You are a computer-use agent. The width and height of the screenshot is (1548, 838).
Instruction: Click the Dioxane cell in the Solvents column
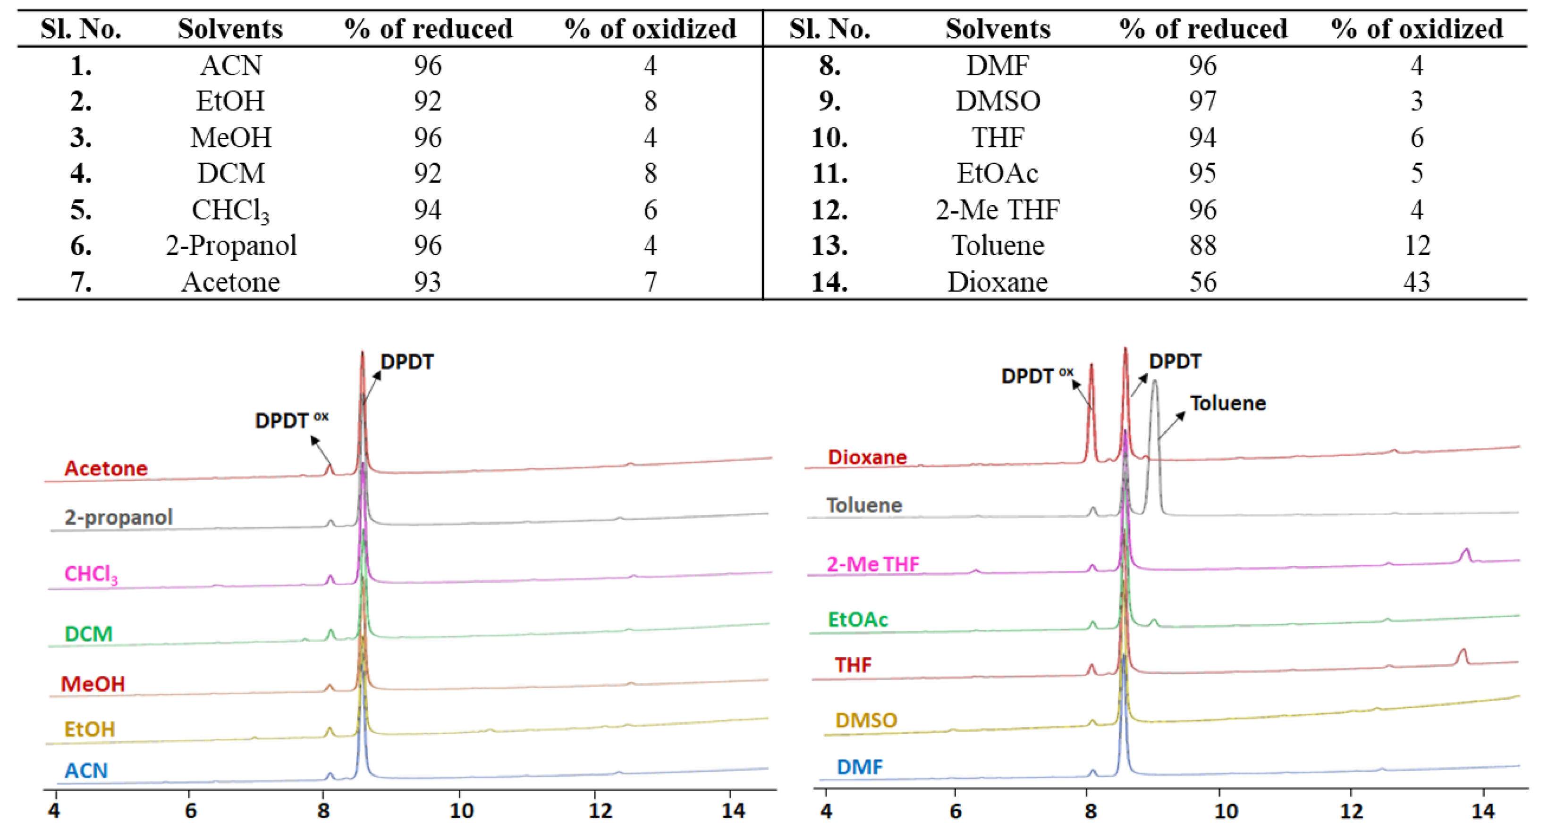pyautogui.click(x=997, y=282)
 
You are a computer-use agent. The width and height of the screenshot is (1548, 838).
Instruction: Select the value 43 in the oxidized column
pyautogui.click(x=1416, y=282)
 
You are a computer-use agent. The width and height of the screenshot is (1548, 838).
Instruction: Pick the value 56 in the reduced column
pyautogui.click(x=1202, y=282)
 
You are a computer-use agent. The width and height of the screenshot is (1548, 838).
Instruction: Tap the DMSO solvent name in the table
pyautogui.click(x=998, y=101)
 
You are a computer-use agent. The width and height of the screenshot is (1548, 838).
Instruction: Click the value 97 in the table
pyautogui.click(x=1202, y=101)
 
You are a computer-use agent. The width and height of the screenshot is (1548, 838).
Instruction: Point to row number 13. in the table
pyautogui.click(x=829, y=245)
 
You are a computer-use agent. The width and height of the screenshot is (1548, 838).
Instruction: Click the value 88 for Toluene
pyautogui.click(x=1202, y=245)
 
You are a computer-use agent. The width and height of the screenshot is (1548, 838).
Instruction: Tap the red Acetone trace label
pyautogui.click(x=106, y=468)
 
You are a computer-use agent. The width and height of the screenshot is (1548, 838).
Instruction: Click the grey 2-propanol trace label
pyautogui.click(x=118, y=517)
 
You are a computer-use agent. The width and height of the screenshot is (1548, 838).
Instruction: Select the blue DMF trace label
pyautogui.click(x=859, y=767)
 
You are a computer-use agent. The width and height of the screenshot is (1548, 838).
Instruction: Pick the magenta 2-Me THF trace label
pyautogui.click(x=872, y=563)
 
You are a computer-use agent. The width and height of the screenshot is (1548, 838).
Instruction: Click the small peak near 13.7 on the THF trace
pyautogui.click(x=1463, y=655)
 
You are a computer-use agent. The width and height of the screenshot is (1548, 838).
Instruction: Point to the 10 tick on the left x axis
pyautogui.click(x=461, y=811)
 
